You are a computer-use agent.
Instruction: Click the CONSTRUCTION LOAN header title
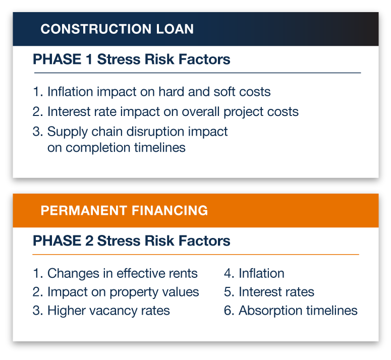(117, 29)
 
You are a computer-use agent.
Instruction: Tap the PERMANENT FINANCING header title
(124, 210)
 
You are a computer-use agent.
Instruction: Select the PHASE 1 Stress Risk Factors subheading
(131, 59)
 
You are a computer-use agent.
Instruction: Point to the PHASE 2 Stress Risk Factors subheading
(131, 241)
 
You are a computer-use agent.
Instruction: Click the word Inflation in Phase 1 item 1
(70, 91)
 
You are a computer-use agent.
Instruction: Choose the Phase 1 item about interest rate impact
(165, 112)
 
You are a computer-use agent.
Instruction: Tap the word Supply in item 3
(67, 132)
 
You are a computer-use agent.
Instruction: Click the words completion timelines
(126, 148)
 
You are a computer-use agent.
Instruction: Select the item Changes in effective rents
(115, 273)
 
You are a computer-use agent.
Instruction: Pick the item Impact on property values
(116, 292)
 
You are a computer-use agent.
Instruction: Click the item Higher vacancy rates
(101, 311)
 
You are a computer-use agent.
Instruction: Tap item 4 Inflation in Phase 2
(254, 273)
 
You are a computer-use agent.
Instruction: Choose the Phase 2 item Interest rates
(269, 292)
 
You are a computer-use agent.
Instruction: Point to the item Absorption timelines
(291, 311)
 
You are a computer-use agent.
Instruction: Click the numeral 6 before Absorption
(228, 311)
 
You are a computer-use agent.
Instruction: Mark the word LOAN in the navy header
(175, 29)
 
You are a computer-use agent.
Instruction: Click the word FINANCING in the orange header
(170, 210)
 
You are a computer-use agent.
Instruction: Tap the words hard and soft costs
(214, 91)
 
